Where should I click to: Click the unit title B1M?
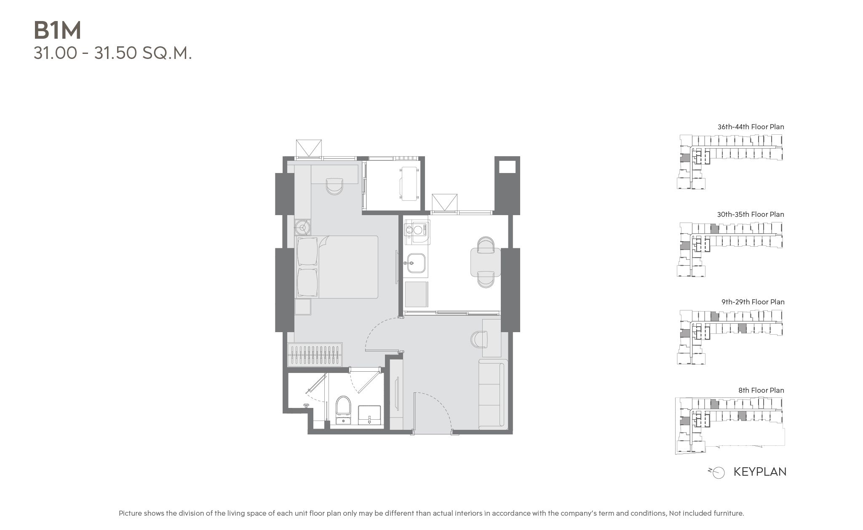57,30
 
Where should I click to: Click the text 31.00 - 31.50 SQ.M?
113,53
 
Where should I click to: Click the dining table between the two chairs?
485,262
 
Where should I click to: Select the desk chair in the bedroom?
335,186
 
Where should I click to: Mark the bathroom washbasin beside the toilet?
369,415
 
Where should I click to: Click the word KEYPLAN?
760,471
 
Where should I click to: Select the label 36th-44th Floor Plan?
751,127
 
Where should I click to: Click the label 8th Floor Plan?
761,390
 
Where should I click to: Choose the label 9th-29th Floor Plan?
753,302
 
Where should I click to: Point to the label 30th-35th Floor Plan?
751,214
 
